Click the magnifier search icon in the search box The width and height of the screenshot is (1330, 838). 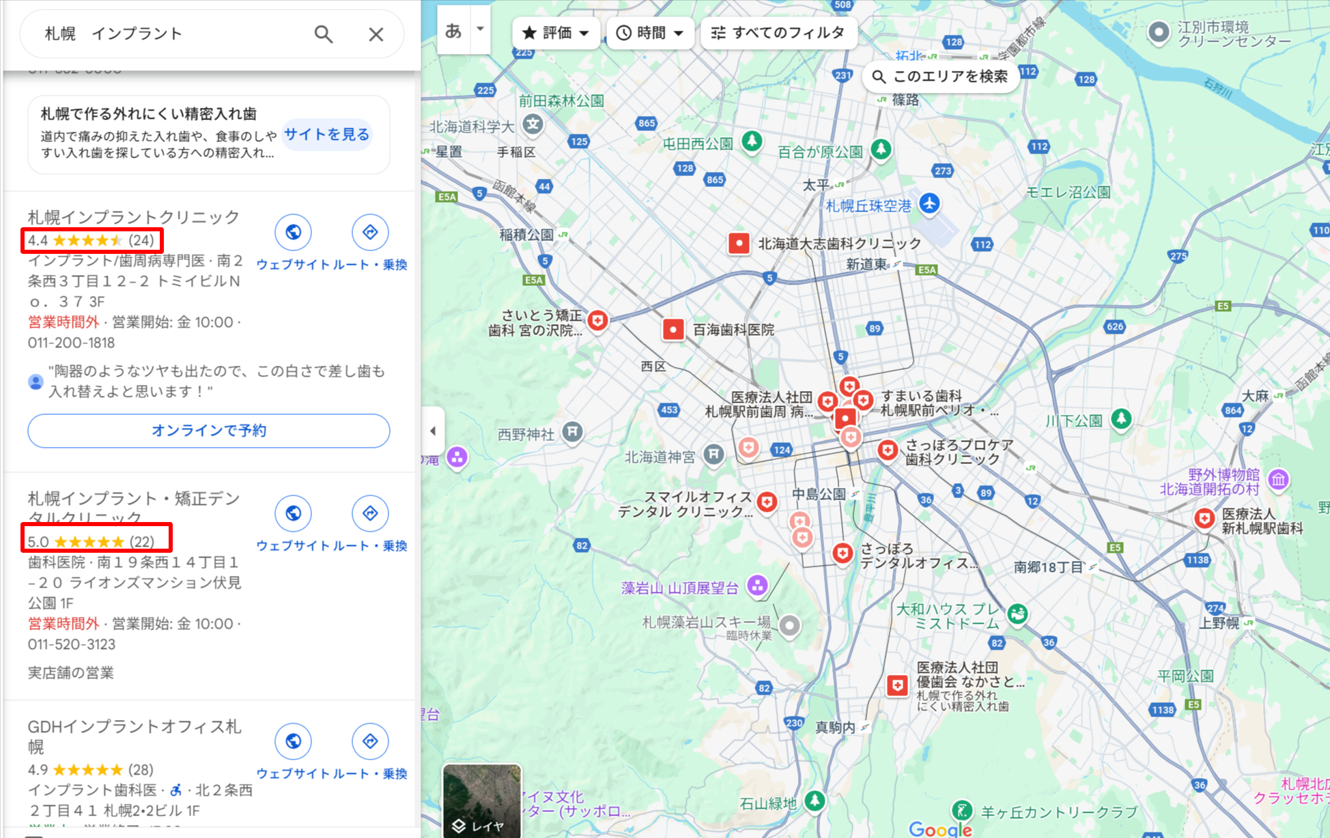click(x=324, y=34)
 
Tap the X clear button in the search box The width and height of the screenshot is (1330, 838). click(x=376, y=34)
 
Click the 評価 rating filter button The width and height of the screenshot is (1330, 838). click(x=556, y=33)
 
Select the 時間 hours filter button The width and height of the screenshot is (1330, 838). click(x=649, y=33)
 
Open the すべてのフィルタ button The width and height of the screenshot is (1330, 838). click(x=778, y=33)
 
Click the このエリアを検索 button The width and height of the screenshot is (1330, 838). click(x=941, y=76)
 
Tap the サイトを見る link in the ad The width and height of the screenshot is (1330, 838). click(x=326, y=134)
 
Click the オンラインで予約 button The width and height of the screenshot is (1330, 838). click(x=209, y=431)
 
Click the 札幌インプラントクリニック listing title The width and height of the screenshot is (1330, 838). click(x=134, y=217)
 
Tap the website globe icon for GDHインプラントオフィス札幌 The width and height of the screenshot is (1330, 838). click(x=293, y=741)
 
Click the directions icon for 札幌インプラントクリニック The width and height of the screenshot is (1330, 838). click(x=370, y=232)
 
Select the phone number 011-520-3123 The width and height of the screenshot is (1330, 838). click(x=72, y=644)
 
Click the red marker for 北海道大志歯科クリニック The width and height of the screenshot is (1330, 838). click(x=739, y=243)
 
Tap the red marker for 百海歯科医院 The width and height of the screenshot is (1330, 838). click(x=673, y=330)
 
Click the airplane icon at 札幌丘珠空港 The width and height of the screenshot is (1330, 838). click(x=929, y=203)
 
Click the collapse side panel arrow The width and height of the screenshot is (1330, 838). click(x=433, y=431)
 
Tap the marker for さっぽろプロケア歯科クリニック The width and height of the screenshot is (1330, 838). click(x=887, y=450)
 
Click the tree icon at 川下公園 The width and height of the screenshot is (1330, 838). click(x=1121, y=418)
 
